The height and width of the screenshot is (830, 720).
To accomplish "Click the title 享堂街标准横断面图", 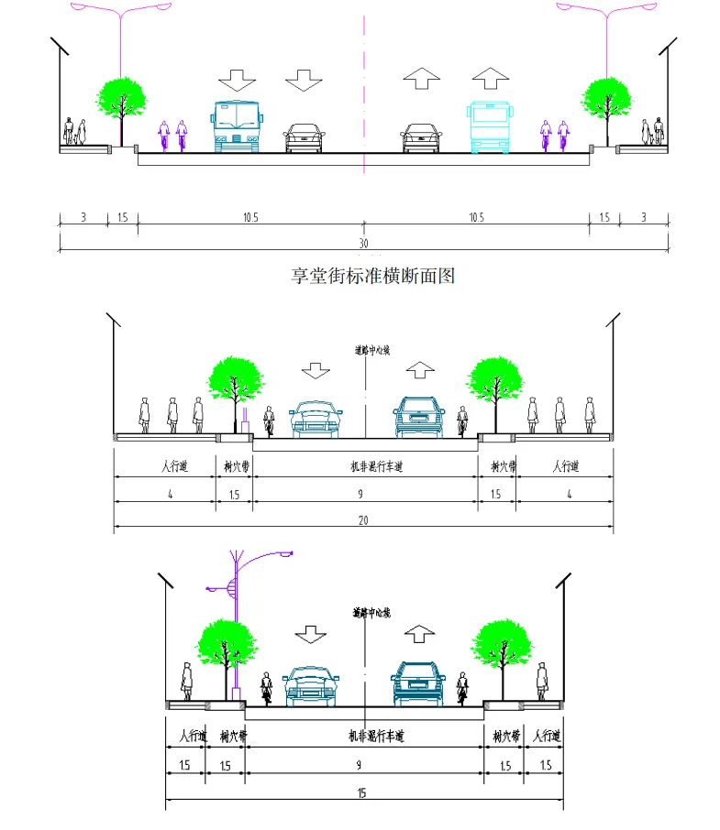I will pos(372,275).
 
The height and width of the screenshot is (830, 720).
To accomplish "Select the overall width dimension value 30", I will pos(363,243).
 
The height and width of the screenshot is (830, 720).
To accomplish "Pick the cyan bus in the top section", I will pos(488,126).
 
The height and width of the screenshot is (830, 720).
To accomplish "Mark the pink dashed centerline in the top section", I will pos(364,92).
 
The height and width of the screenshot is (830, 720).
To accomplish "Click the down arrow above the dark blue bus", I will pos(239,80).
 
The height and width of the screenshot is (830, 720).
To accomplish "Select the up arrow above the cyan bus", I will pos(489,79).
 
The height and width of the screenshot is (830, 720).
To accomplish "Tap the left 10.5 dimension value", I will pos(250,217).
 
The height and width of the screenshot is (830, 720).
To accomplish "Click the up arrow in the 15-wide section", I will pos(420,633).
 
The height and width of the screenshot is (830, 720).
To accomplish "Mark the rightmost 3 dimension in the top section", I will pos(643,217).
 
